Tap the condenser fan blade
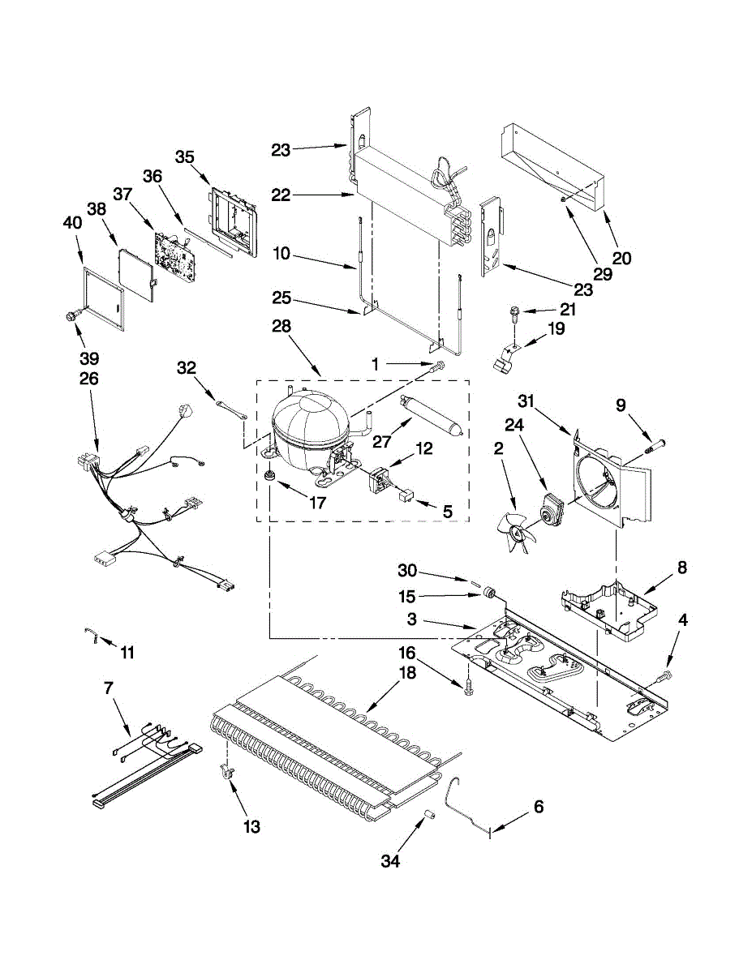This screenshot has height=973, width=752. [x=517, y=533]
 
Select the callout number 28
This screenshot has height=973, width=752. [x=281, y=326]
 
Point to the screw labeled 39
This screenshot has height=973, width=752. [x=71, y=317]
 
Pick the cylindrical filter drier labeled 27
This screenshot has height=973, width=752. [x=431, y=414]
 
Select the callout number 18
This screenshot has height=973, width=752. [x=406, y=672]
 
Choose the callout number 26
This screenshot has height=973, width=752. [x=88, y=379]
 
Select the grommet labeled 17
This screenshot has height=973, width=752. [x=269, y=475]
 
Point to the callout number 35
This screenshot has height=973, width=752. [x=184, y=157]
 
